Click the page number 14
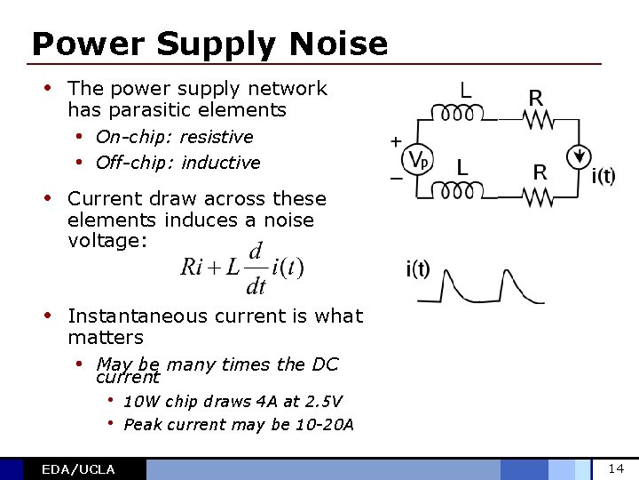point(616,468)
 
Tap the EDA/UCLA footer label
point(78,469)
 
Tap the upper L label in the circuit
point(464,90)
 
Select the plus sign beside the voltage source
point(395,141)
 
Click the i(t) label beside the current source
point(603,175)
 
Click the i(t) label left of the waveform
point(417,270)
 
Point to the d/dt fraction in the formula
point(256,268)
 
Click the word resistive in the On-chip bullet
point(217,137)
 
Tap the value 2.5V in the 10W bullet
point(323,402)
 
